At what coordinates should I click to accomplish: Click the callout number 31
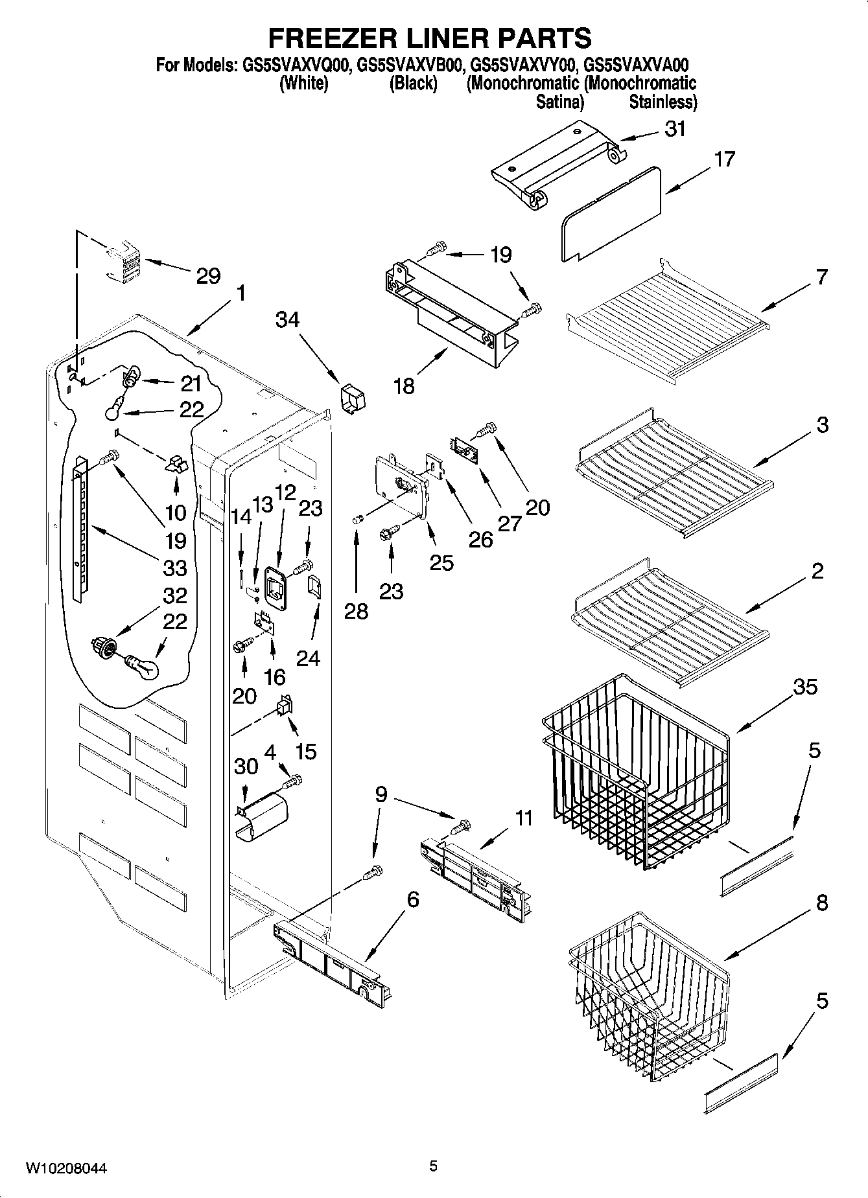(675, 129)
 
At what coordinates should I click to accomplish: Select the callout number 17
(724, 159)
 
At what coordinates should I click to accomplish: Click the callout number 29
(208, 277)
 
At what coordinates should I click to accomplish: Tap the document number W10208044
(66, 1169)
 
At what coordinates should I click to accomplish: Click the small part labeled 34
(352, 397)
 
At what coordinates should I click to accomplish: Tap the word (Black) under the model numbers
(413, 84)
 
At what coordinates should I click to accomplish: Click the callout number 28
(356, 611)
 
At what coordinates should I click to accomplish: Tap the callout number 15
(305, 752)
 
